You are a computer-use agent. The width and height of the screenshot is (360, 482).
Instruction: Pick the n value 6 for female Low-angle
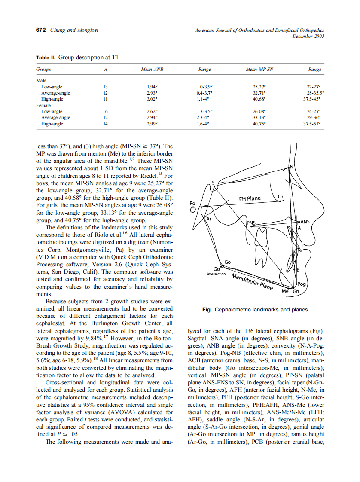(106, 111)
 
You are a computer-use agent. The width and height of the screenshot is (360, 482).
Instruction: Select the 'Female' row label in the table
(43, 105)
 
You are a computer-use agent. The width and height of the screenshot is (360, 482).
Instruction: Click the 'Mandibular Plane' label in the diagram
(252, 281)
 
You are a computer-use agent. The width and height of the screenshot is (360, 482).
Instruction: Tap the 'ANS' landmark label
(305, 222)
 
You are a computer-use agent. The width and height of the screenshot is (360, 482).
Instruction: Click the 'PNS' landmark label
(251, 223)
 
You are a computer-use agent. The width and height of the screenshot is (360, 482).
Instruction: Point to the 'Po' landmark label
(192, 203)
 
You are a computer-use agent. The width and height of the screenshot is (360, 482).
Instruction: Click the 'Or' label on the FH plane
(281, 197)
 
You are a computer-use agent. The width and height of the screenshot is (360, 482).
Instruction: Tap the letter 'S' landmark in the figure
(213, 183)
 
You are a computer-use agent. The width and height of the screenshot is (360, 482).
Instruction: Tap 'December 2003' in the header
(308, 36)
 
